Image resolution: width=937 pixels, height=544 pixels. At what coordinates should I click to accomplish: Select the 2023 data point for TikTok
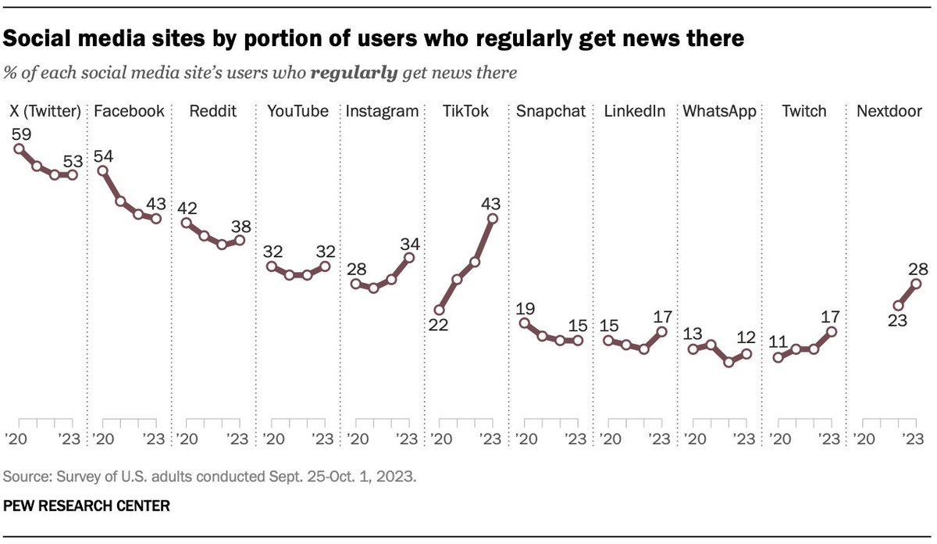[x=492, y=219]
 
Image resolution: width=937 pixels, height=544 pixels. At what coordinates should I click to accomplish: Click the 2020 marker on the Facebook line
[x=102, y=170]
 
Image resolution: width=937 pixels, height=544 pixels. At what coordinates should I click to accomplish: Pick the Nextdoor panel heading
[x=889, y=111]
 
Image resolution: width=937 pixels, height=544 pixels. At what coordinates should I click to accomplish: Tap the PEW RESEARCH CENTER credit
[x=87, y=506]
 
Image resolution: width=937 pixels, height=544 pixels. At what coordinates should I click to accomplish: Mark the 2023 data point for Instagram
[x=409, y=257]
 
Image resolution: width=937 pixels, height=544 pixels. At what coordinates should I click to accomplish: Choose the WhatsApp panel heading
[x=719, y=111]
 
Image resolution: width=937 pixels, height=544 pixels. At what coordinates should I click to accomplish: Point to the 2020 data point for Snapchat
[x=524, y=323]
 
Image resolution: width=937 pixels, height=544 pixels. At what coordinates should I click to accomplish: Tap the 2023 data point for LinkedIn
[x=662, y=331]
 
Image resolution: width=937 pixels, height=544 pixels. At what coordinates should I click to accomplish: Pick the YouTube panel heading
[x=297, y=111]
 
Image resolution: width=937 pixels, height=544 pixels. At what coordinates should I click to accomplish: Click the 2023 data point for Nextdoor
[x=917, y=284]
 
